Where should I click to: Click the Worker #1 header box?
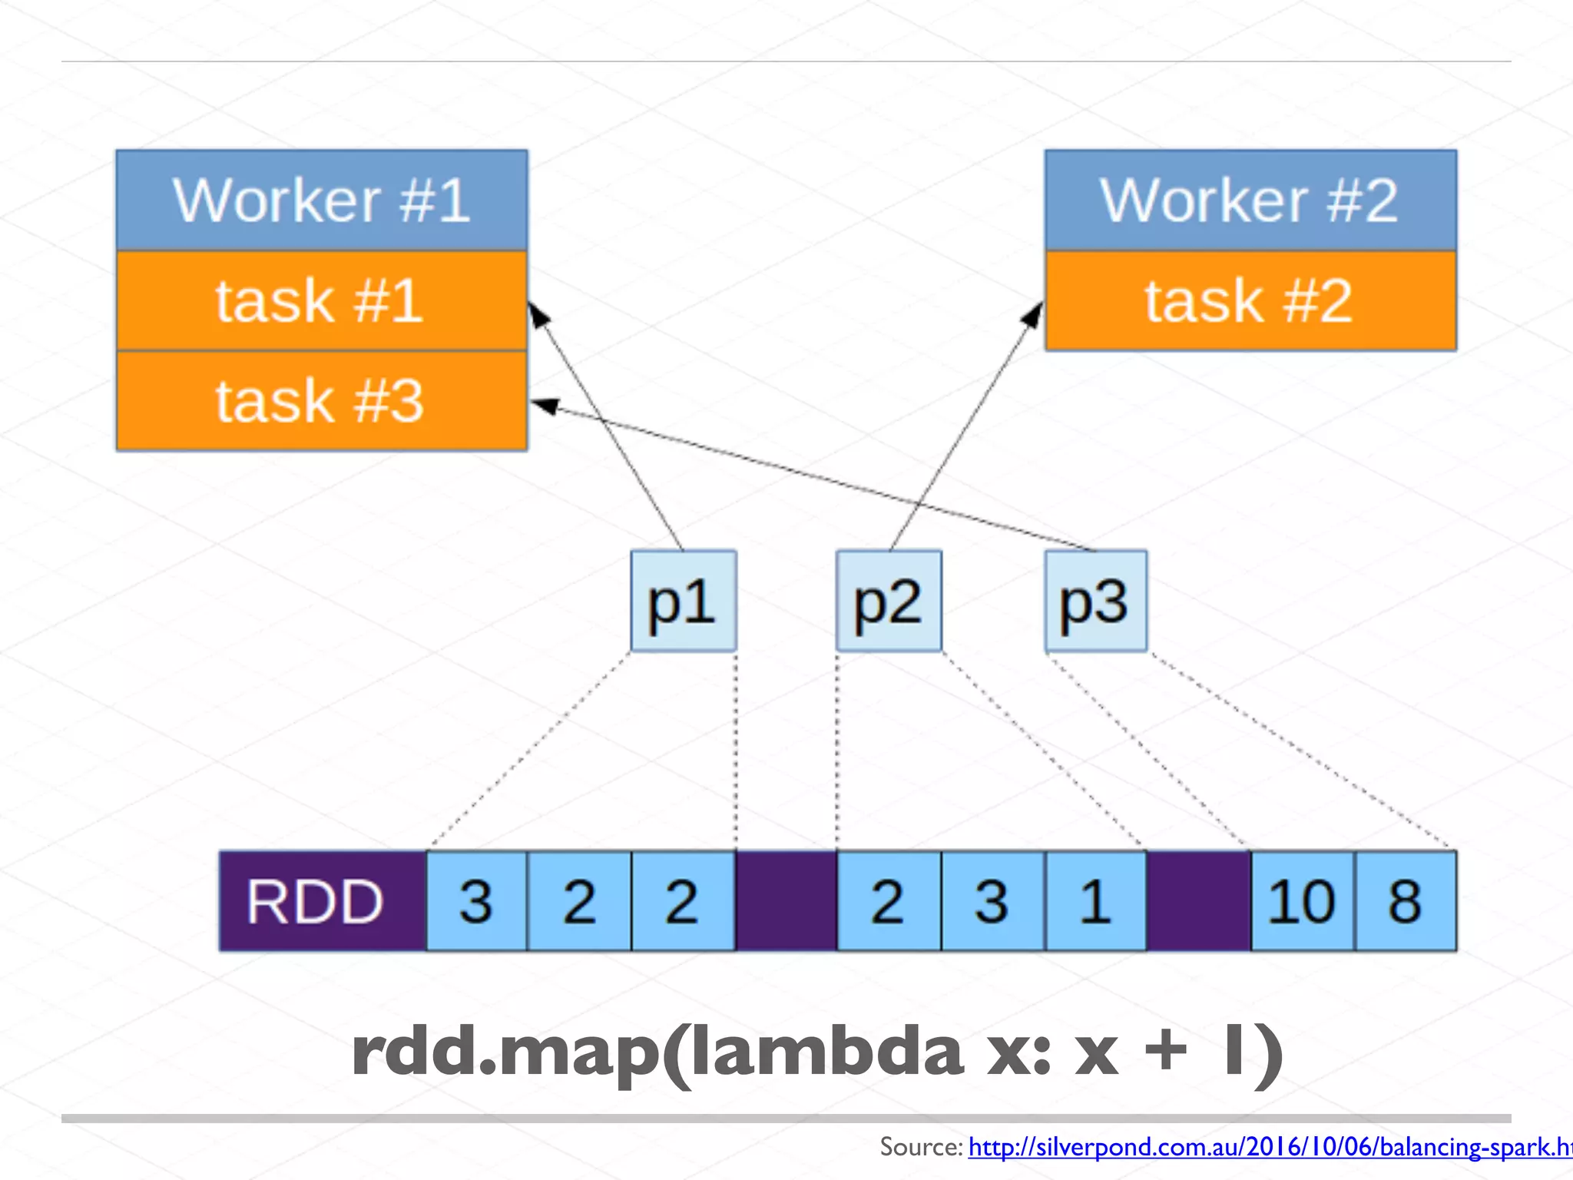pos(322,200)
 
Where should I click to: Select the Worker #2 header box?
pos(1250,200)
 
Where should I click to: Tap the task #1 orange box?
pos(322,300)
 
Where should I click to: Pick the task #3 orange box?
pos(322,400)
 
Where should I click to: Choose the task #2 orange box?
pos(1250,300)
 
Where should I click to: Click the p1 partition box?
pos(683,601)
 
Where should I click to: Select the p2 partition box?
pos(889,601)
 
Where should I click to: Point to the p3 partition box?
pos(1095,601)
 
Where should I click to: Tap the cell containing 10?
pos(1302,901)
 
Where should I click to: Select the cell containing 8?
pos(1405,901)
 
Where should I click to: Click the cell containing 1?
pos(1095,901)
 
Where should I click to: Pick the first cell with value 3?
pos(476,901)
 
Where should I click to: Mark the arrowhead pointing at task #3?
pos(544,405)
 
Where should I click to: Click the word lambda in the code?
pos(826,1052)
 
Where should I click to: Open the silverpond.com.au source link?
pos(1267,1147)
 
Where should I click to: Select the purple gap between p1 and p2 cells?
pos(786,901)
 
